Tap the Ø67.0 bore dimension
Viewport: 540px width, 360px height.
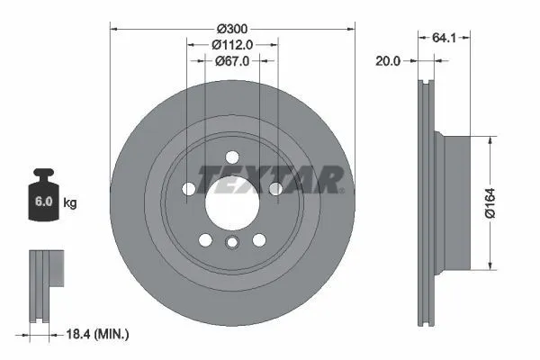pyautogui.click(x=232, y=61)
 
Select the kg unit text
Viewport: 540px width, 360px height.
pyautogui.click(x=70, y=203)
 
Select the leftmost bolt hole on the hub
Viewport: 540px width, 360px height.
pyautogui.click(x=189, y=189)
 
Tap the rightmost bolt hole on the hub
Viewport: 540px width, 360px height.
pyautogui.click(x=275, y=189)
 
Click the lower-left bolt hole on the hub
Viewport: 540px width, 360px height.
pyautogui.click(x=205, y=239)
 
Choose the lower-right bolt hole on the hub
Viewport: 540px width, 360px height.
pyautogui.click(x=259, y=239)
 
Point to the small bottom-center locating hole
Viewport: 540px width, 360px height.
pyautogui.click(x=232, y=242)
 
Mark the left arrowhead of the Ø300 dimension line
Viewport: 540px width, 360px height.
pyautogui.click(x=113, y=27)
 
